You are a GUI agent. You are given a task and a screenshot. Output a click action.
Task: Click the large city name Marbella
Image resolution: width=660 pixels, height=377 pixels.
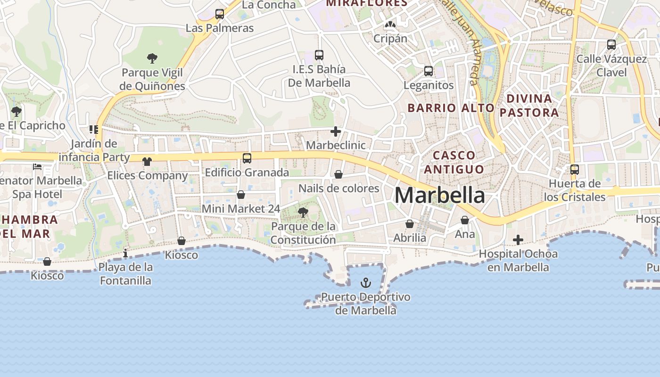439,195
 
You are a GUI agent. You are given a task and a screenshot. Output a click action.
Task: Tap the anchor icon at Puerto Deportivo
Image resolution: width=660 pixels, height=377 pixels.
365,283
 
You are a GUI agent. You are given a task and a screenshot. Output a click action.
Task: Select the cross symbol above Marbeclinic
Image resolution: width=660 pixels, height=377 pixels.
336,131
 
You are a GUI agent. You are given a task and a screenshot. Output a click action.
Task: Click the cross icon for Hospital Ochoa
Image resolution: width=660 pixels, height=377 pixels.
518,240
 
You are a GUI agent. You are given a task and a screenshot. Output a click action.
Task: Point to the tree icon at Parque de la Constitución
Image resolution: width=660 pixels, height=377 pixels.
303,213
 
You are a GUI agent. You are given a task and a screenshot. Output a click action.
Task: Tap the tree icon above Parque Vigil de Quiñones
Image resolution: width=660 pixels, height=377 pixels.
152,58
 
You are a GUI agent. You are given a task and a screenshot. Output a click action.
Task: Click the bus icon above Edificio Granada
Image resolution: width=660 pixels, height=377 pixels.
247,158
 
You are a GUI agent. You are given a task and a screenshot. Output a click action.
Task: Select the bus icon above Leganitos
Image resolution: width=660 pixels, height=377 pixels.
429,71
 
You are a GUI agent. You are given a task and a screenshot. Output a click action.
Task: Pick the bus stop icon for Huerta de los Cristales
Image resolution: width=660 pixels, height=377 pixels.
574,170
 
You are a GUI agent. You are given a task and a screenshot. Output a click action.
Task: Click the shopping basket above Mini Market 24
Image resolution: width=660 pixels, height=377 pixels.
241,195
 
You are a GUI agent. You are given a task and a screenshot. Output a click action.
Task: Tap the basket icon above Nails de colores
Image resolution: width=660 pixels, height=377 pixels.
338,175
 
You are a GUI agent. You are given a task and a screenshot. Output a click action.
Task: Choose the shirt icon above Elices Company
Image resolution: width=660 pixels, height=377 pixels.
147,162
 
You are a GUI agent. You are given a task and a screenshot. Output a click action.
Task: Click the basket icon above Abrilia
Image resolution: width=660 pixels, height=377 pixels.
410,224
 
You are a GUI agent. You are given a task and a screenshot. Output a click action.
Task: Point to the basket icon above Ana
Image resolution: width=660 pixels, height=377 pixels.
465,220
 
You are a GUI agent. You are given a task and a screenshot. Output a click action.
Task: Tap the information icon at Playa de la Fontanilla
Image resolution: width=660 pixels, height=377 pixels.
125,254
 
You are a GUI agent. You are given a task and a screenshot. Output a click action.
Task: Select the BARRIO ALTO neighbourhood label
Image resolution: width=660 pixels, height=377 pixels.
451,108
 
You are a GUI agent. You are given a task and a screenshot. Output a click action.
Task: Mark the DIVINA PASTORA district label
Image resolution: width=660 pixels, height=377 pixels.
529,106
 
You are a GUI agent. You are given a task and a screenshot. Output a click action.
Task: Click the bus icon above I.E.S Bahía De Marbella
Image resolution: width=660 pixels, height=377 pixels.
319,55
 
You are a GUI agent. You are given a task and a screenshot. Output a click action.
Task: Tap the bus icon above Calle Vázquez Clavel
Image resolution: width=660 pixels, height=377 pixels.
611,45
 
